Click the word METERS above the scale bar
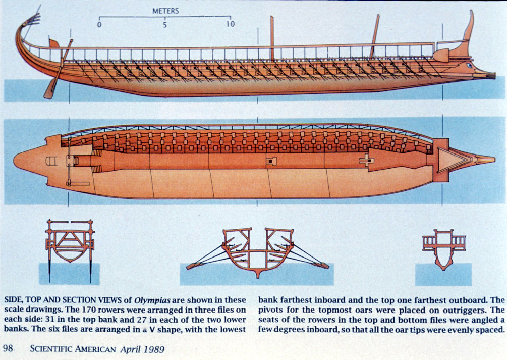pos(165,11)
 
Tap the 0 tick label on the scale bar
pos(100,24)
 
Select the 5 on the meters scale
pos(165,24)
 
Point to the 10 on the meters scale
pos(230,24)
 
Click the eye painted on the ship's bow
pos(470,65)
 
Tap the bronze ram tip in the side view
pos(489,76)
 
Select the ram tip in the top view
pos(487,159)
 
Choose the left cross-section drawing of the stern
pos(69,244)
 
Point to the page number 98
pos(9,348)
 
